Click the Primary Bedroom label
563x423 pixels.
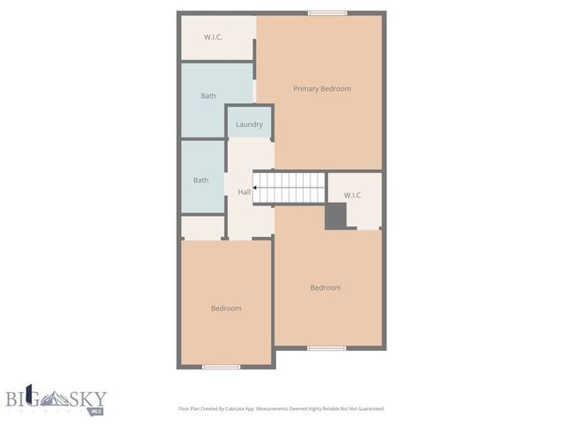[x=322, y=89]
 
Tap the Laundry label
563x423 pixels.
[x=249, y=124]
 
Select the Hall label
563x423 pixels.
[x=244, y=192]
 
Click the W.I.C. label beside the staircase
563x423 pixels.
[x=353, y=195]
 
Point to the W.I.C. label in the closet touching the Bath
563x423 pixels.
[x=213, y=37]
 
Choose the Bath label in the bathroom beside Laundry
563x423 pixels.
[x=208, y=96]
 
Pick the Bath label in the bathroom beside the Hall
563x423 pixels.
[x=201, y=181]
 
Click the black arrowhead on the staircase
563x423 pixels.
[x=255, y=188]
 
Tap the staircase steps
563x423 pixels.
[x=291, y=188]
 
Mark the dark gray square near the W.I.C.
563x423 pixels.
[x=336, y=216]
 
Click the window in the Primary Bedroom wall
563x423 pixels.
[x=327, y=13]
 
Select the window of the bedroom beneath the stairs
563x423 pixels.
[x=326, y=348]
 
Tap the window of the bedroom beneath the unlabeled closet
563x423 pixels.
[x=221, y=367]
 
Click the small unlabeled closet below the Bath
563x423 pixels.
[x=202, y=227]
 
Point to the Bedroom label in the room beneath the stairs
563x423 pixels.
[x=325, y=288]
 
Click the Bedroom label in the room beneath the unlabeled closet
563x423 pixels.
[x=226, y=308]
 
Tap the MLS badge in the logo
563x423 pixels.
[x=97, y=410]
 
